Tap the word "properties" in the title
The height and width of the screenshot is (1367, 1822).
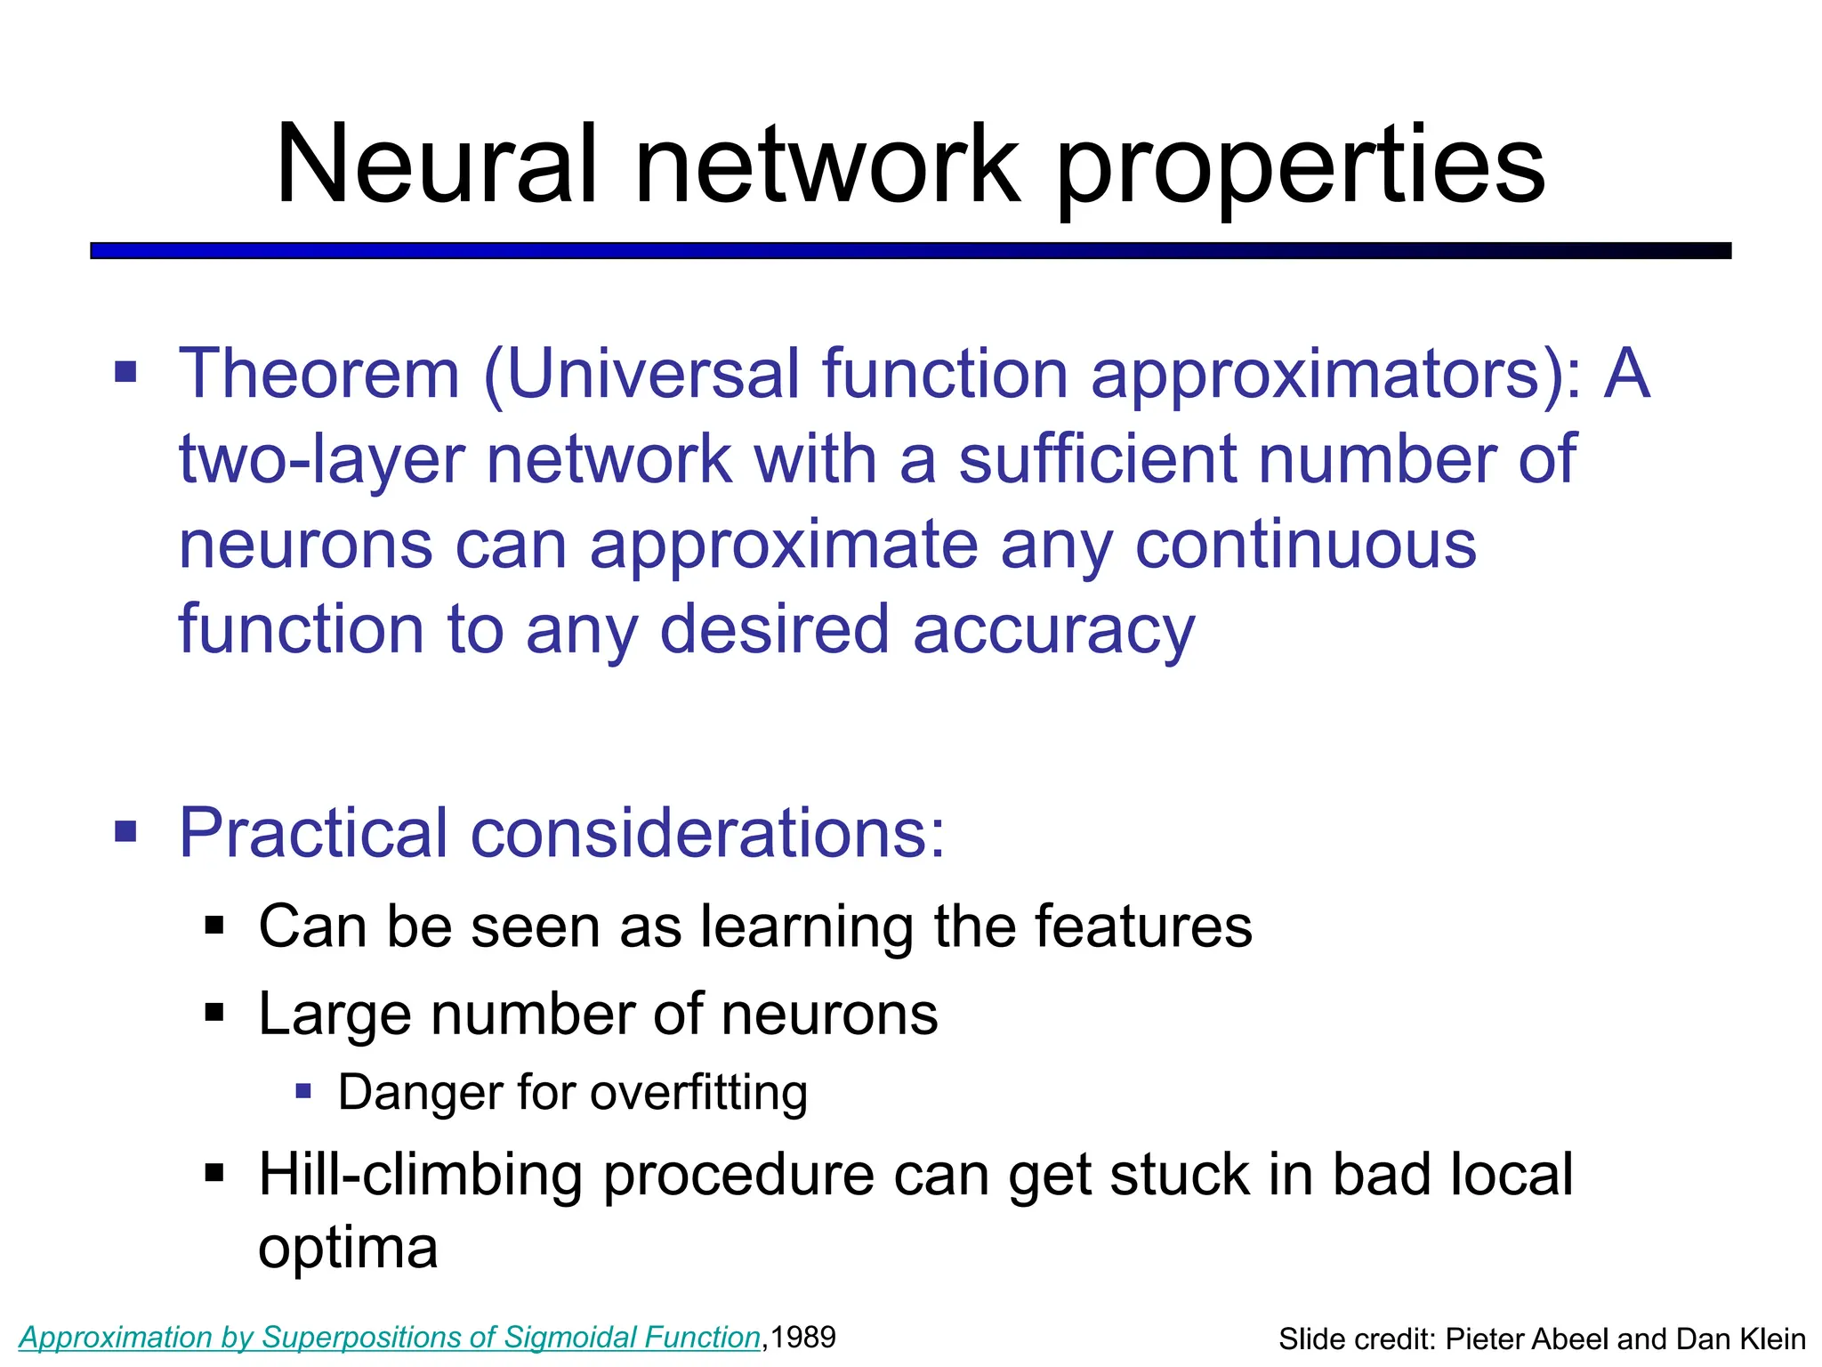tap(1301, 169)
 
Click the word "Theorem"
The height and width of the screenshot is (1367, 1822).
tap(319, 374)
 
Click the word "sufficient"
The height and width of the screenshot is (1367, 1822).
tap(1096, 458)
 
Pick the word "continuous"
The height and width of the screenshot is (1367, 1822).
tap(1305, 545)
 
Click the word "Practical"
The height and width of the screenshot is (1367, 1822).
tap(313, 833)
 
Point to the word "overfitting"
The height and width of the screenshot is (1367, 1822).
tap(698, 1093)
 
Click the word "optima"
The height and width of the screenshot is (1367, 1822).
tap(348, 1248)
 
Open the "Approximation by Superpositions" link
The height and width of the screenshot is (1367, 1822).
tap(390, 1338)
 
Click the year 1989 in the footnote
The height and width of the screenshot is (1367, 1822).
tap(802, 1337)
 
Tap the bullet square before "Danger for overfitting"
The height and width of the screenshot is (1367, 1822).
tap(303, 1091)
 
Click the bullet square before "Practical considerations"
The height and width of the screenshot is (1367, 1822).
tap(126, 832)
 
